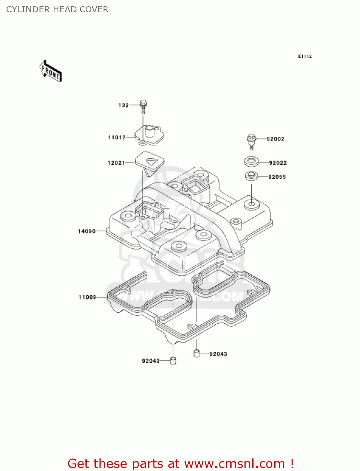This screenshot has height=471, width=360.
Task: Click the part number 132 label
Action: pos(123,105)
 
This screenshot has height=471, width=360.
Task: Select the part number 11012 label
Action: pos(116,137)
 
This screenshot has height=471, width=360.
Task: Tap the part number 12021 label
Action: pos(116,163)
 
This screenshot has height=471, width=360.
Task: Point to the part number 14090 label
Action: pos(87,231)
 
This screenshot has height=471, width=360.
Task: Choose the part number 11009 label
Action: pos(87,297)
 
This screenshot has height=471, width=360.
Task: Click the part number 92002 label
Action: pos(275,139)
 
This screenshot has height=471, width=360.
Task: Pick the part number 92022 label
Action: pos(278,163)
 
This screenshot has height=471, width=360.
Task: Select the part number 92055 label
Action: pos(277,177)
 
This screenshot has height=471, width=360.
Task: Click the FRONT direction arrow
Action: pos(51,71)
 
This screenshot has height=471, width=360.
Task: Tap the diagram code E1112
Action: pos(305,56)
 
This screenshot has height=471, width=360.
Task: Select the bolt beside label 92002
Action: pos(251,141)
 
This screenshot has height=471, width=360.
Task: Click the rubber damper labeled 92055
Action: pos(251,176)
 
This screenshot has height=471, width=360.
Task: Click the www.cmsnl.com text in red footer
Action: pos(234,463)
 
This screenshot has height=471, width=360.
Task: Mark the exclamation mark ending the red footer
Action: pos(292,463)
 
